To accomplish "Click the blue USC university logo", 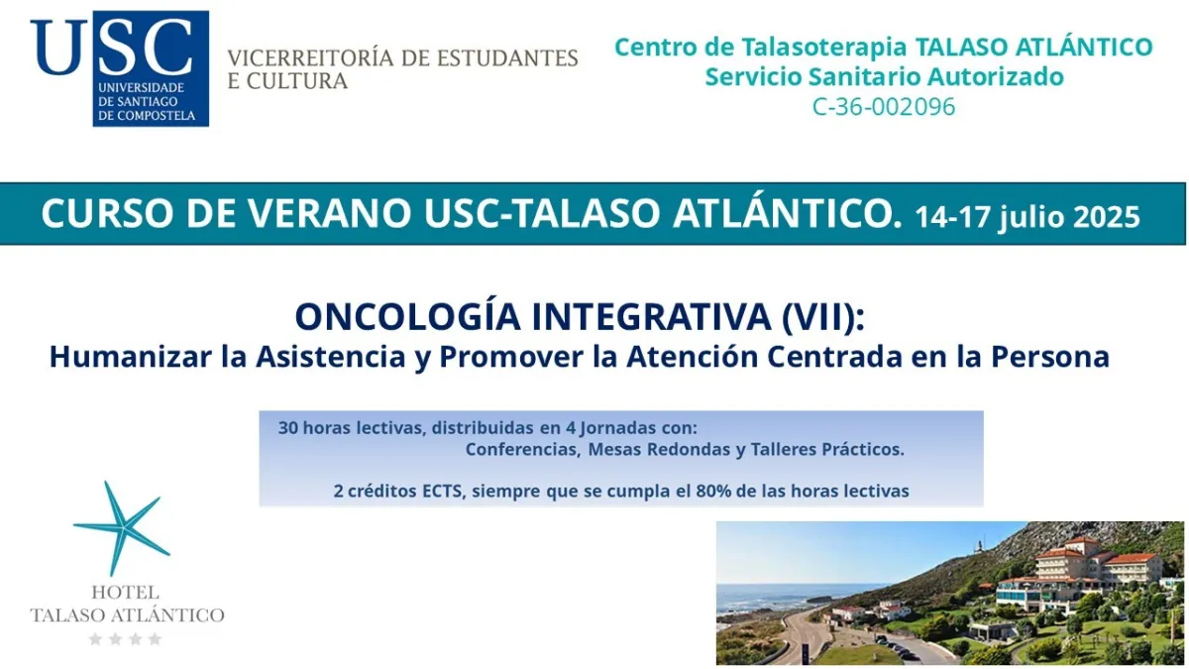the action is point(120,68).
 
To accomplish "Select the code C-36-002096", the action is point(884,106).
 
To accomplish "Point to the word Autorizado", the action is point(996,76).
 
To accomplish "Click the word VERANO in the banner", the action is point(330,213).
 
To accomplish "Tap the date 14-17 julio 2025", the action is point(1027,216).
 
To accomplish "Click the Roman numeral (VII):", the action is point(823,316).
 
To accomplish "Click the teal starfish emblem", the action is point(122,527).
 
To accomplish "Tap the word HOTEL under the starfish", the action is point(125,592).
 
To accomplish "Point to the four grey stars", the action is point(125,638).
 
